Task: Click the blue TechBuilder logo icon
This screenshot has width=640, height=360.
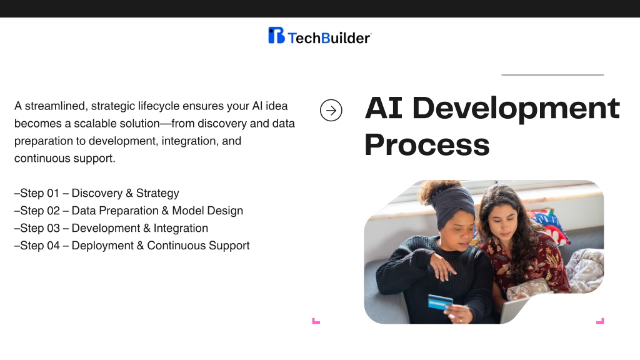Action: point(276,35)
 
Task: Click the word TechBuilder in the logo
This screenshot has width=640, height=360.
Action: point(329,38)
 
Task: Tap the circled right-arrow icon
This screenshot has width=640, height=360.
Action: point(331,110)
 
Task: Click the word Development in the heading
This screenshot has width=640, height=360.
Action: point(516,109)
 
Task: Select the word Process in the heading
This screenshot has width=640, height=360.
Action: point(427,145)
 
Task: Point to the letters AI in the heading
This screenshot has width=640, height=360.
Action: point(384,108)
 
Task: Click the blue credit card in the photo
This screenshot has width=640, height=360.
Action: point(441,302)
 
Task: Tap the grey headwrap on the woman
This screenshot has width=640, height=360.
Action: point(454,206)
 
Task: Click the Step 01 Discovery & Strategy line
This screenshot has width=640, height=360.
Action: point(97,193)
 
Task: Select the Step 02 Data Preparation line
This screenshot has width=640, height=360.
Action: point(129,211)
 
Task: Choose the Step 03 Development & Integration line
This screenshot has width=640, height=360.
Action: point(111,228)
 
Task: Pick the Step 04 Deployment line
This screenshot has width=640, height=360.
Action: point(132,246)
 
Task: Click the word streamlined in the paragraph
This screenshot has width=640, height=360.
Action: point(56,106)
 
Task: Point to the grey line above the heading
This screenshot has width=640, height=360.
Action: point(552,75)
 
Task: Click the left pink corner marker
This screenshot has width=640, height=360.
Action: point(316,321)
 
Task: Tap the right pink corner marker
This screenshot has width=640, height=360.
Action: point(600,321)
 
